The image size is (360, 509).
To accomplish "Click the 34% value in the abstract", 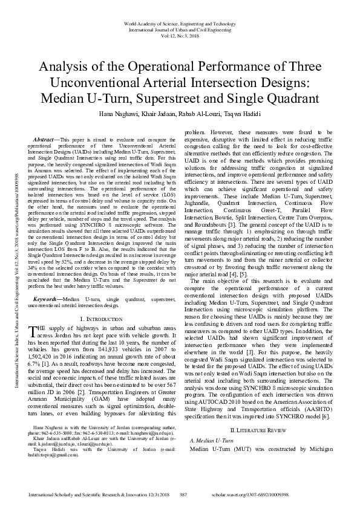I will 35,251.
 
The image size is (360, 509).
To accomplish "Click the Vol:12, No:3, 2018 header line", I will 180,35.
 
